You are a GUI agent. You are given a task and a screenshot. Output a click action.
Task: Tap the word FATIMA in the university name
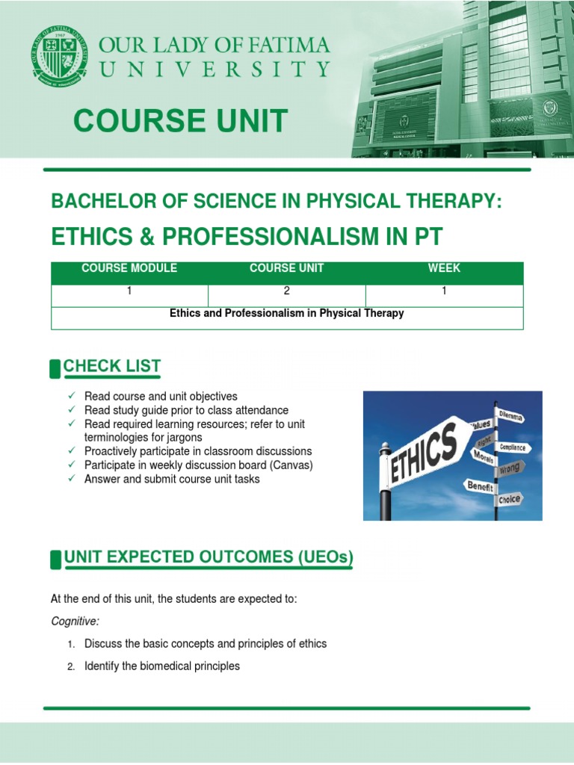coord(280,46)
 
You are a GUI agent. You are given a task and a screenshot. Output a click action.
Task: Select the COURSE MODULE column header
coord(129,268)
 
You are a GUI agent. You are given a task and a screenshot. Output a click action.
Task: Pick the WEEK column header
coord(444,268)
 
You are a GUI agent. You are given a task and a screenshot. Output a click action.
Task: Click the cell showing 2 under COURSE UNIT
coord(286,291)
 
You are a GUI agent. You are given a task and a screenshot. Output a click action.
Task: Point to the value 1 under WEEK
coord(444,291)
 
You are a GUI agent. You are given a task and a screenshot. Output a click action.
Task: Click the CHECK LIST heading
coord(112,366)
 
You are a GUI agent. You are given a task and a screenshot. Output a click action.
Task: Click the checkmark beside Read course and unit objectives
coord(71,396)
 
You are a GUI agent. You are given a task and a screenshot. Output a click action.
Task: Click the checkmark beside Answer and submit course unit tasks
coord(71,479)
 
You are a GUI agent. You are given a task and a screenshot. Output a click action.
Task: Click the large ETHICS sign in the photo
coord(424,453)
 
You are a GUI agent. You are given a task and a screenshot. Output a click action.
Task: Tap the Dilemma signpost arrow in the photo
coord(511,415)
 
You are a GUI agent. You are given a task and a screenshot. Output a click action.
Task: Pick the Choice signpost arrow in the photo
coord(510,498)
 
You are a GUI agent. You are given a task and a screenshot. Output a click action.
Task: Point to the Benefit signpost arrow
coord(481,486)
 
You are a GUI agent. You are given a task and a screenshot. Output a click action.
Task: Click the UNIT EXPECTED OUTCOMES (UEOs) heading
coord(209,557)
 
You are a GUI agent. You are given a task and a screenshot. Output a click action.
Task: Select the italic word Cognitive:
coord(75,621)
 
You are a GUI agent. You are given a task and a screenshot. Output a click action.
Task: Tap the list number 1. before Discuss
coord(71,644)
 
